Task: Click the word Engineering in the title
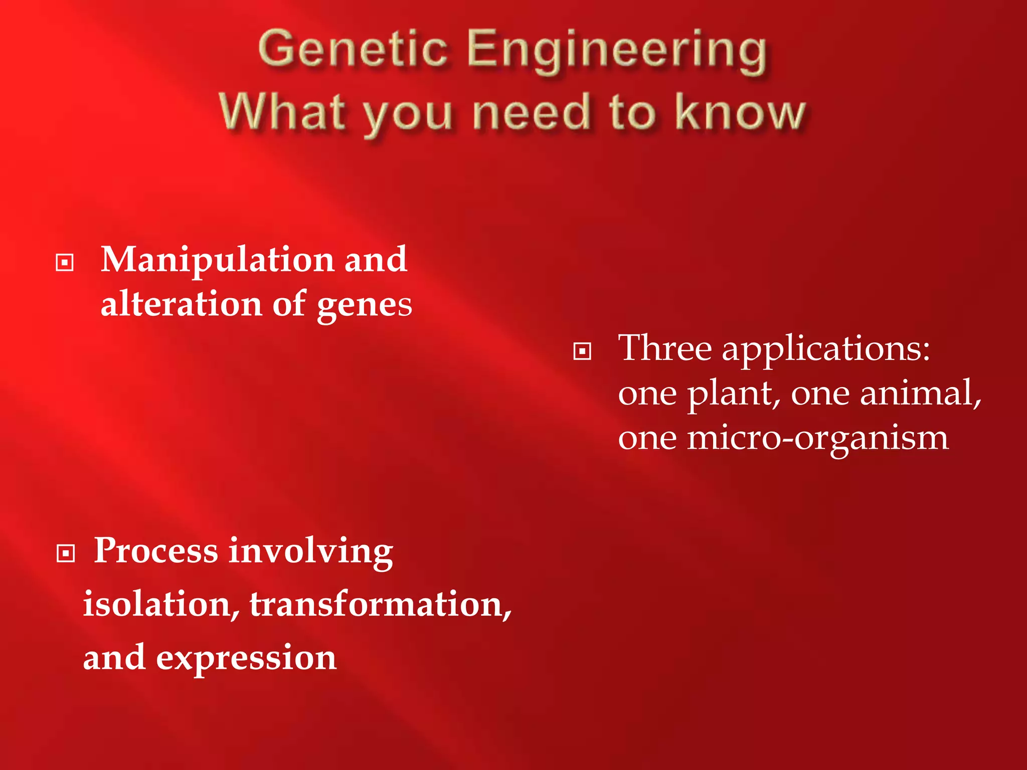coord(617,50)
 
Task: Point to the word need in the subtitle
coord(532,112)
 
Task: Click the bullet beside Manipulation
coord(65,262)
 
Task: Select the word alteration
coord(181,304)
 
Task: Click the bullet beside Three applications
coord(582,351)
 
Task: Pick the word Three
coord(664,348)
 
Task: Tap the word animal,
coord(920,393)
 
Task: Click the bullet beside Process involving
coord(66,553)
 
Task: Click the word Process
coord(156,551)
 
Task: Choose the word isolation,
coord(161,604)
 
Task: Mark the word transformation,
coord(381,604)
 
